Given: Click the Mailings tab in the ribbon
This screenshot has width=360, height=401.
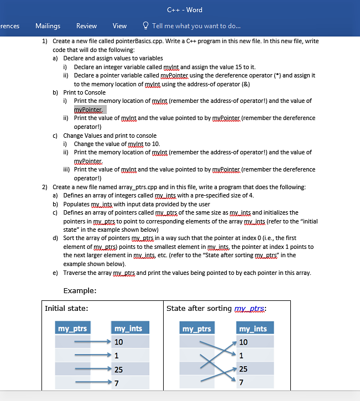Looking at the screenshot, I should tap(48, 26).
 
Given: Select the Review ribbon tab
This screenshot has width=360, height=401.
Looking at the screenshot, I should tap(86, 26).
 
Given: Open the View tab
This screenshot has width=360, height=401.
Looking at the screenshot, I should tap(119, 26).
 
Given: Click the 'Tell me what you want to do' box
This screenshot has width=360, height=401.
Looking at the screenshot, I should tap(196, 26).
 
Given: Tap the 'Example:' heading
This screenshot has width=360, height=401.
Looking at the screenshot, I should tap(80, 290).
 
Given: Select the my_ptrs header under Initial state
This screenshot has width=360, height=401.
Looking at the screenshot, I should tap(72, 329).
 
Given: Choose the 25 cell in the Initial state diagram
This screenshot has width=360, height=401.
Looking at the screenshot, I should tap(119, 369).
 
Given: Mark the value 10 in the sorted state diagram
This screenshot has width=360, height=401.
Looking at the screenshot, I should tap(243, 342).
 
